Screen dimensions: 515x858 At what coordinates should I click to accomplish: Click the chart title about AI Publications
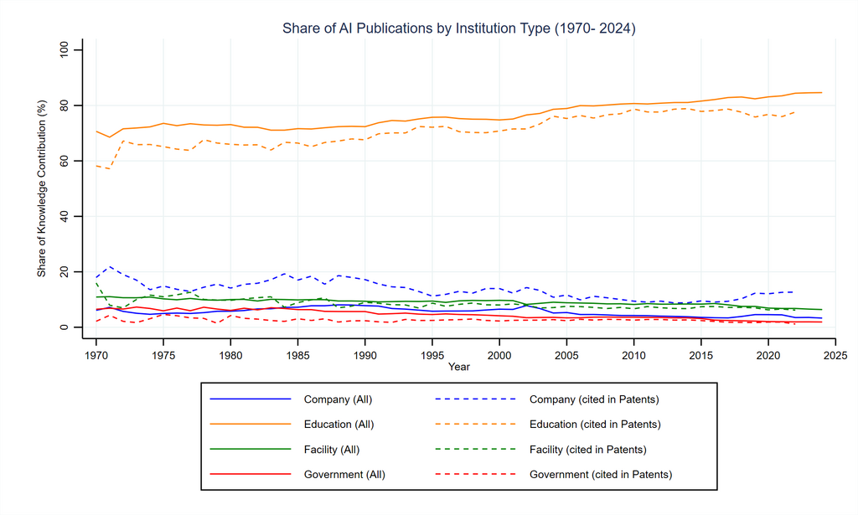(459, 29)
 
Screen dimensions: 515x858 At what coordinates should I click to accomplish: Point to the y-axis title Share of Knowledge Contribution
(41, 188)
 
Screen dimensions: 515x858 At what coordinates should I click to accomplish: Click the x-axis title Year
(458, 367)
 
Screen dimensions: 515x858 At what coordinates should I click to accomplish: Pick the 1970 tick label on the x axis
(96, 354)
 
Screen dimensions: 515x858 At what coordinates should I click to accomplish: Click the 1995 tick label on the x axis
(432, 354)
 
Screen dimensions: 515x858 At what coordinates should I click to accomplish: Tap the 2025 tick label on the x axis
(835, 354)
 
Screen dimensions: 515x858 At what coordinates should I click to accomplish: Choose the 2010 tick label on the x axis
(633, 354)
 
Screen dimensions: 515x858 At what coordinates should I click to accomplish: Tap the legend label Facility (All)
(332, 450)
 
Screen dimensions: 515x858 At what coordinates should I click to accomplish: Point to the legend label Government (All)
(344, 475)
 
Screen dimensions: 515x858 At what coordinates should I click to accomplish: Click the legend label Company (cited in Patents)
(594, 399)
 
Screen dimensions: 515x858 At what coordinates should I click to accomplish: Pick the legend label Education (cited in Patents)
(595, 425)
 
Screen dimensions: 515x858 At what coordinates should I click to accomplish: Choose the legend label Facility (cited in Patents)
(587, 450)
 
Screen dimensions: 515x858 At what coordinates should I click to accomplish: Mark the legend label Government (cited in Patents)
(600, 475)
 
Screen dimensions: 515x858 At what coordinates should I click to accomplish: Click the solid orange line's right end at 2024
(821, 92)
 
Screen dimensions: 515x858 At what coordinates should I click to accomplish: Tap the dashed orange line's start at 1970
(96, 166)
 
